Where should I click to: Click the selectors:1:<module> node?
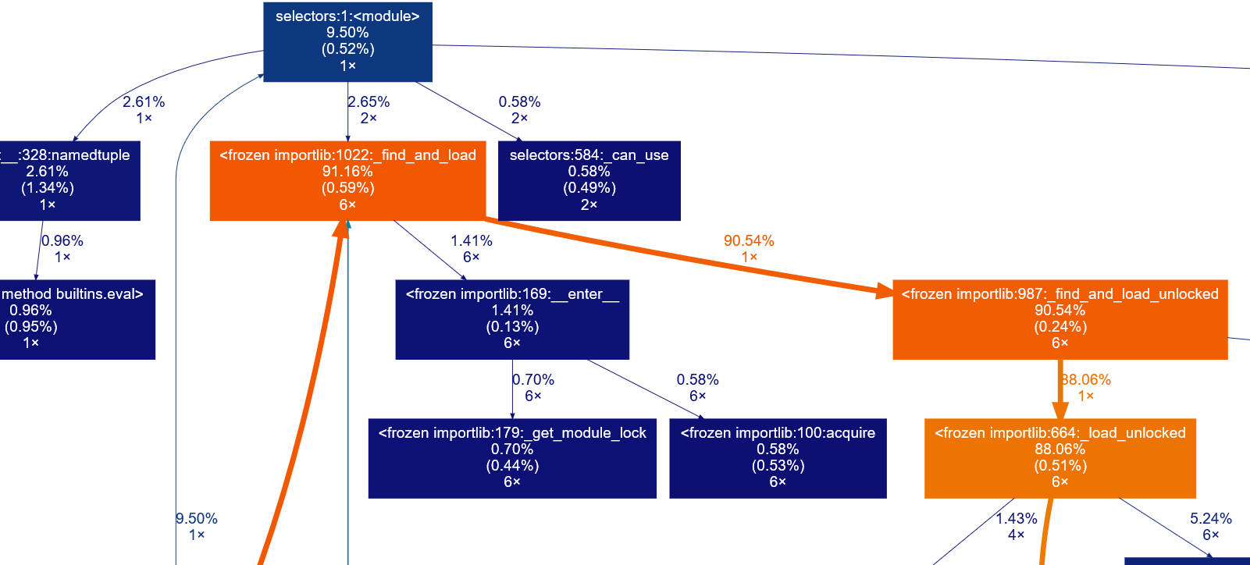[x=347, y=41]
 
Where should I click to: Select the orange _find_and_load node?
[x=347, y=180]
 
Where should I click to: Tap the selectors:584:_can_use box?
[x=589, y=180]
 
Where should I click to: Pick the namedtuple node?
[x=62, y=180]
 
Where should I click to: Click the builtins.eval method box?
[x=70, y=319]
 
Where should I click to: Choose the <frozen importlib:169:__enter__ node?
[x=512, y=319]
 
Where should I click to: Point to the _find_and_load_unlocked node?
[x=1059, y=319]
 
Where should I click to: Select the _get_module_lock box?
[x=512, y=458]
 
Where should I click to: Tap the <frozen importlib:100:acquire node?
[x=778, y=458]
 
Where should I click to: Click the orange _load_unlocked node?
[x=1059, y=458]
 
